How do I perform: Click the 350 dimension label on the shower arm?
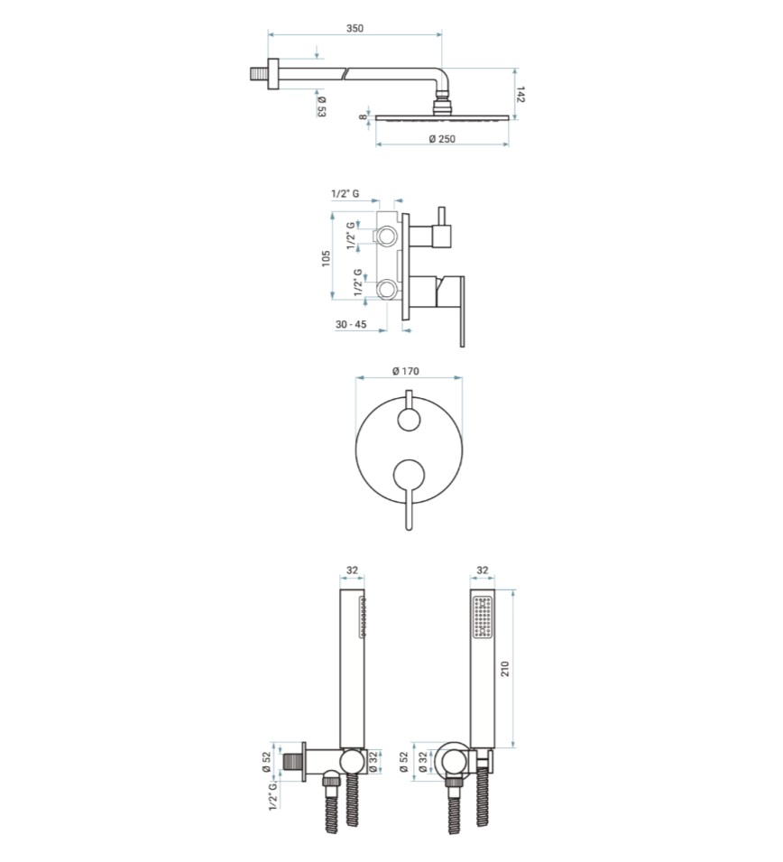coord(355,28)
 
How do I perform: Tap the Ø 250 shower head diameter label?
coord(442,138)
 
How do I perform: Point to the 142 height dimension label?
coord(520,94)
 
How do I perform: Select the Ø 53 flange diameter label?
coord(321,107)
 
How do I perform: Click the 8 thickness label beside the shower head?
coord(363,117)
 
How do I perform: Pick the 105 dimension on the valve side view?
coord(326,258)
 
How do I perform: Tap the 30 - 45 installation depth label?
coord(351,324)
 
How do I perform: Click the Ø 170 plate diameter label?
coord(406,371)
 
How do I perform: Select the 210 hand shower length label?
coord(505,669)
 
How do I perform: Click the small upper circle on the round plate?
coord(409,420)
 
